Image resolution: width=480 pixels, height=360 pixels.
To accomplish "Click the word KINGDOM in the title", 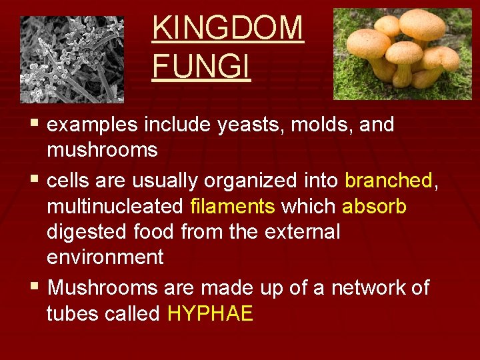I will [227, 28].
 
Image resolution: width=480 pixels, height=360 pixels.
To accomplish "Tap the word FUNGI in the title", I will [201, 67].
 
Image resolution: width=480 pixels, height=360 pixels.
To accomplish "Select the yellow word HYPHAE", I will [210, 314].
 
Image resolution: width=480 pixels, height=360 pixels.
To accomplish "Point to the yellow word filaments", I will [233, 207].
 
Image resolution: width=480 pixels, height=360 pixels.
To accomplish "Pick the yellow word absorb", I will [374, 207].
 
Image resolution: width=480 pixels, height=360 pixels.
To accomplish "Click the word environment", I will [105, 257].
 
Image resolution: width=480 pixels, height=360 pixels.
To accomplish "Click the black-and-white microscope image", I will [72, 59].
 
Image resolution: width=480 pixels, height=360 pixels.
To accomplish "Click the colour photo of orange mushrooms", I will [402, 53].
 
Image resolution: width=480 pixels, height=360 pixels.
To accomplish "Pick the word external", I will [302, 232].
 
